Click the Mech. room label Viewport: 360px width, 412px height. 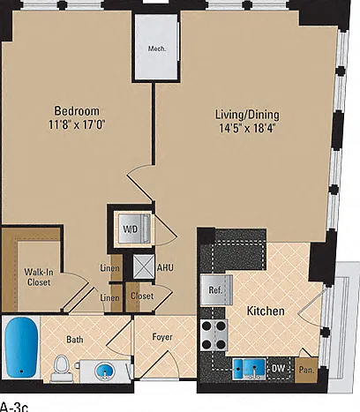[157, 49]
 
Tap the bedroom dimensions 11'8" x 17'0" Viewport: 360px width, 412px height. [77, 124]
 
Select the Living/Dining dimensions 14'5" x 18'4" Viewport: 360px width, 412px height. [247, 128]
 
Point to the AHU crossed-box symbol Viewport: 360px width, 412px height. [144, 266]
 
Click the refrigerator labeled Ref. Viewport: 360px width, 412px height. [216, 290]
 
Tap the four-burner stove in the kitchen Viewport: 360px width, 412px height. [214, 335]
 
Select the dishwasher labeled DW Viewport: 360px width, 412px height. [278, 368]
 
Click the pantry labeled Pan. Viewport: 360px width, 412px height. [306, 370]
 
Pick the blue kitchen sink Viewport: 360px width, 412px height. [250, 369]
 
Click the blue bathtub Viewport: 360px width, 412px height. [22, 348]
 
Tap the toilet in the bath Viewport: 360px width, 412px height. [62, 369]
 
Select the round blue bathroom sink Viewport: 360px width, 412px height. [104, 371]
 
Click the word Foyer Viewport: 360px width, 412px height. [162, 337]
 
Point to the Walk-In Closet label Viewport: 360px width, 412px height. [39, 277]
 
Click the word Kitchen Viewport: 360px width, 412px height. [266, 311]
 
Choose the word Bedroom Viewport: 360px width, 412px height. [77, 111]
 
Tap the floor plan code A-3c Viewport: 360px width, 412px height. [14, 408]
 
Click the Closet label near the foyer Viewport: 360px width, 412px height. [142, 296]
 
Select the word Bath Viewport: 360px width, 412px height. [75, 340]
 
